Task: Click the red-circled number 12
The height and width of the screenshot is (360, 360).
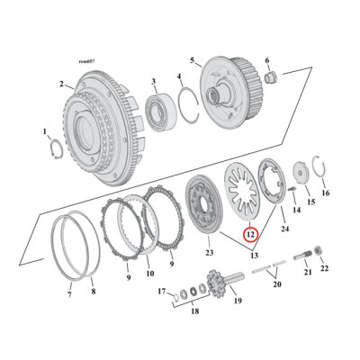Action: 250,234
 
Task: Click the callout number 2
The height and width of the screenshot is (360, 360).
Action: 61,84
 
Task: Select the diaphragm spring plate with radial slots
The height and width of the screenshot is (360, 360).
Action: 244,190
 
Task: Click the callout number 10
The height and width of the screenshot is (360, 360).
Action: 149,274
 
